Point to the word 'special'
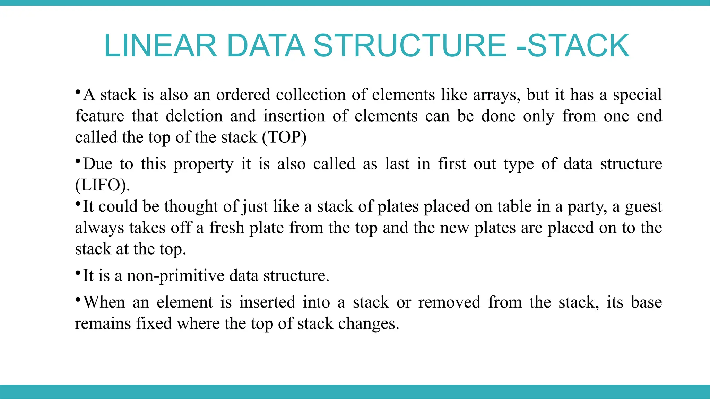[637, 95]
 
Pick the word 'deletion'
[194, 116]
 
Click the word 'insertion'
[294, 116]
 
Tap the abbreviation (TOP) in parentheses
[284, 138]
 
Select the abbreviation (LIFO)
[102, 185]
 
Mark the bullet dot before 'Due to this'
[78, 161]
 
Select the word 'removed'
[449, 302]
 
